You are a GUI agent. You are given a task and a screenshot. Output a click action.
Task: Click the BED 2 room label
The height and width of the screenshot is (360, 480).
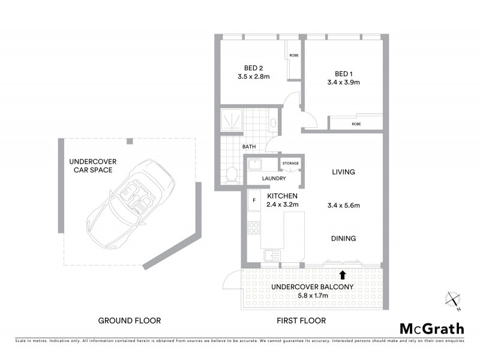tap(250, 67)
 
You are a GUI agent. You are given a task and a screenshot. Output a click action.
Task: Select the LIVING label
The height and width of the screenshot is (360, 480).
tap(343, 172)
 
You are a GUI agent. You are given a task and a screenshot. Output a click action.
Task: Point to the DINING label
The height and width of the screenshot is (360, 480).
tap(343, 238)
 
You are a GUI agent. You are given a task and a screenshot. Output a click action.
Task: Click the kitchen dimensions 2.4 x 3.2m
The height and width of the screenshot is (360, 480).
tap(282, 205)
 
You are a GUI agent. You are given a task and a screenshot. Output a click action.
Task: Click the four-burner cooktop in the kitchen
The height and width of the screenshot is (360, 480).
tap(253, 228)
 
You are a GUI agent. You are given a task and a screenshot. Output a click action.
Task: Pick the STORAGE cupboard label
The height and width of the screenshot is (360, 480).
tap(290, 163)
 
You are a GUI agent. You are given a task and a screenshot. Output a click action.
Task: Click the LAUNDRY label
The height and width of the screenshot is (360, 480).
tap(272, 178)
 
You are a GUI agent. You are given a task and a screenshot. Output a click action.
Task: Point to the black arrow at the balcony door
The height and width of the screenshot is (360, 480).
tap(343, 275)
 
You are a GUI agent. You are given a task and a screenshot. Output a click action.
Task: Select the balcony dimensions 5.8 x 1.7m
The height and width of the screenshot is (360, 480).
tap(311, 295)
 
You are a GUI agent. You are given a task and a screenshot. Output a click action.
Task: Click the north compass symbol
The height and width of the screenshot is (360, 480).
tap(454, 299)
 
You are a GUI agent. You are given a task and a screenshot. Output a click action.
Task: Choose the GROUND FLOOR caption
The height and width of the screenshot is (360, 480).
tap(130, 320)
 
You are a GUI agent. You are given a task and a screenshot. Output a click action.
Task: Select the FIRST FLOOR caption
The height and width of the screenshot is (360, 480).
tap(301, 320)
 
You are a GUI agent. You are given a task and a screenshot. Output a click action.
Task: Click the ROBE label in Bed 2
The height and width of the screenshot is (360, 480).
tap(293, 55)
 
